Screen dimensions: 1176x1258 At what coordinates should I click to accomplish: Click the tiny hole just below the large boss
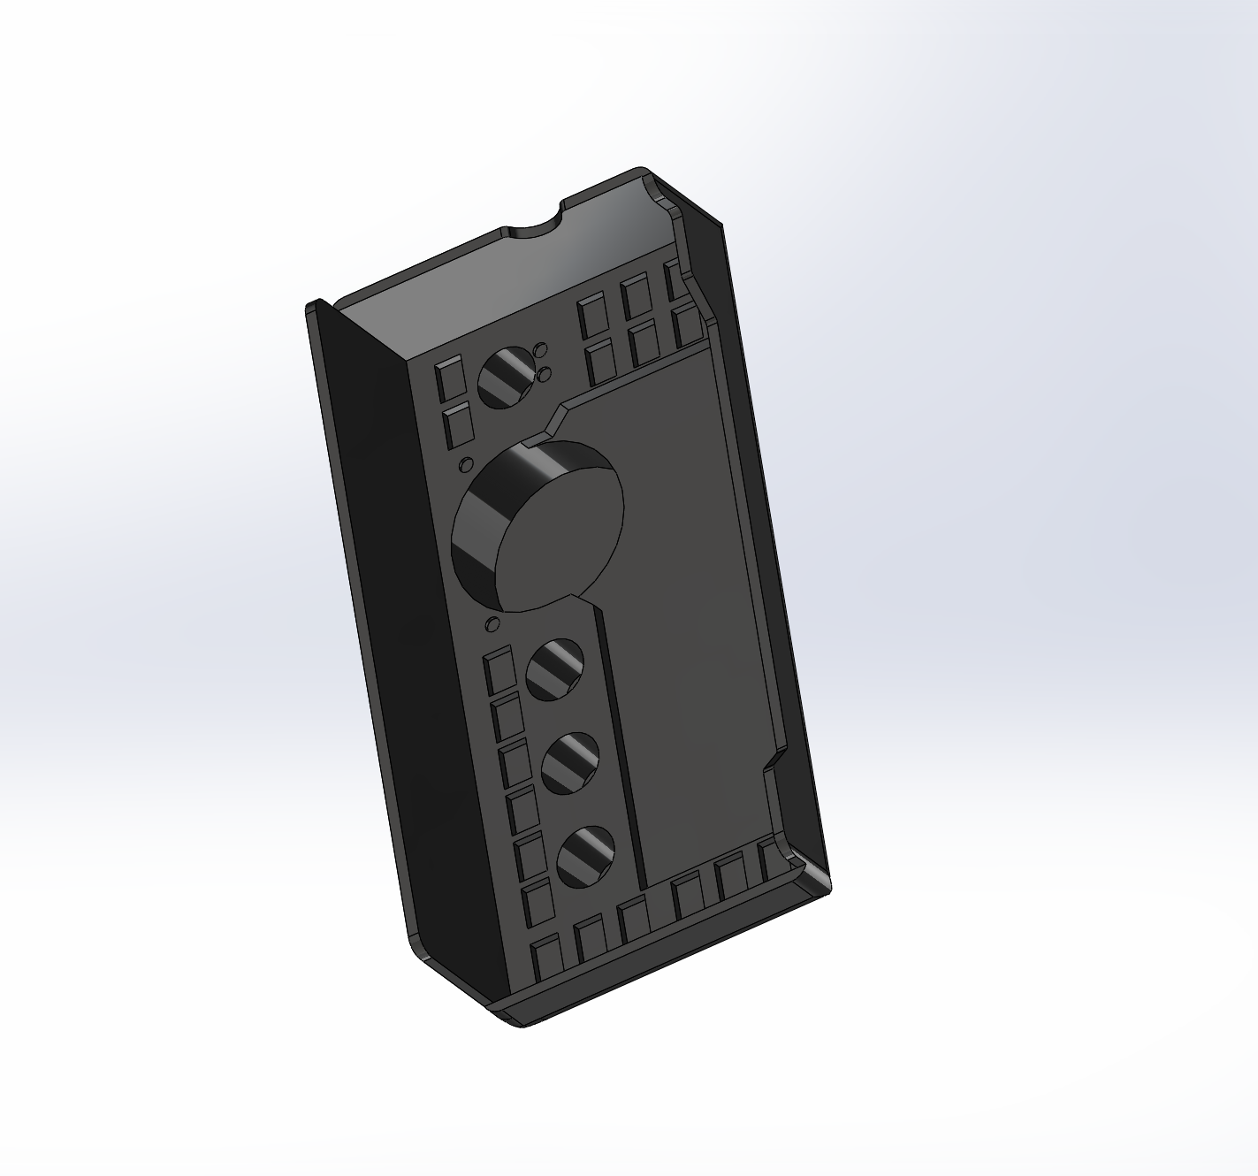[x=492, y=625]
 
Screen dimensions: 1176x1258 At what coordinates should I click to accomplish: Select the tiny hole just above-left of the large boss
[x=464, y=464]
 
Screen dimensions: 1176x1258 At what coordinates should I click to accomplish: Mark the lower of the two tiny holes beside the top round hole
[x=545, y=373]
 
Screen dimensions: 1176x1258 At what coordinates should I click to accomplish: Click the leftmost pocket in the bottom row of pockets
[x=547, y=956]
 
